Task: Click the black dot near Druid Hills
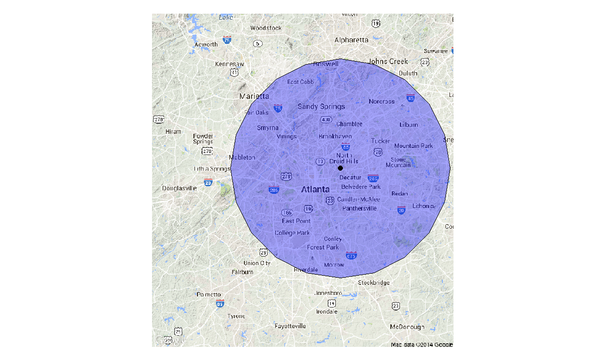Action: coord(340,168)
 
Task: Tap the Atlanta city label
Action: coord(315,190)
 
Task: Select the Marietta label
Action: coord(255,96)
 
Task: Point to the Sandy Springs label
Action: coord(321,107)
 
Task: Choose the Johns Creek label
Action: coord(388,62)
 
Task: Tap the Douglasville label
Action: coord(179,188)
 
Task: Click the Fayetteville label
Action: coord(290,326)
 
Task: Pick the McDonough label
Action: coord(407,327)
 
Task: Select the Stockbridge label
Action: coord(374,283)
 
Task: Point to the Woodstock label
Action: coord(266,28)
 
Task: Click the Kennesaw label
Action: coord(229,64)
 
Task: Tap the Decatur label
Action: coord(350,177)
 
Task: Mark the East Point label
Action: coord(296,221)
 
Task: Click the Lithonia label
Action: coord(423,206)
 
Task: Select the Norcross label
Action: coord(382,101)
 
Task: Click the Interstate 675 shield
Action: coord(351,256)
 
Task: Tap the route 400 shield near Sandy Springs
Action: coord(326,120)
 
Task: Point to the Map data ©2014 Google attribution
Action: coord(422,345)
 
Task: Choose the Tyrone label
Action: coord(236,316)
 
